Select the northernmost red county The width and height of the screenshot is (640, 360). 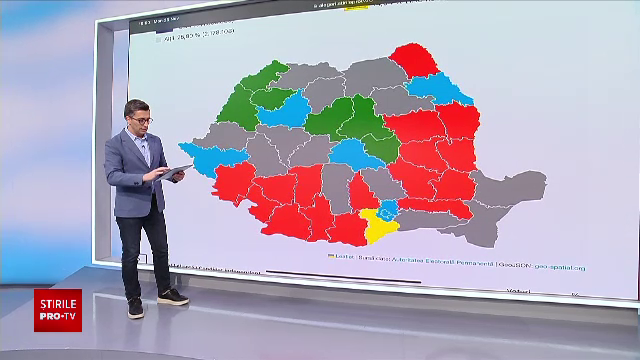click(x=412, y=61)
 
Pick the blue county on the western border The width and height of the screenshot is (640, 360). click(x=220, y=159)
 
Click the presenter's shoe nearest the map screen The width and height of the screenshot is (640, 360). click(x=172, y=296)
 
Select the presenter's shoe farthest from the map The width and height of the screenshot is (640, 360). click(x=135, y=307)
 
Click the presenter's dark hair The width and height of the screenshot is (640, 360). click(x=137, y=106)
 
